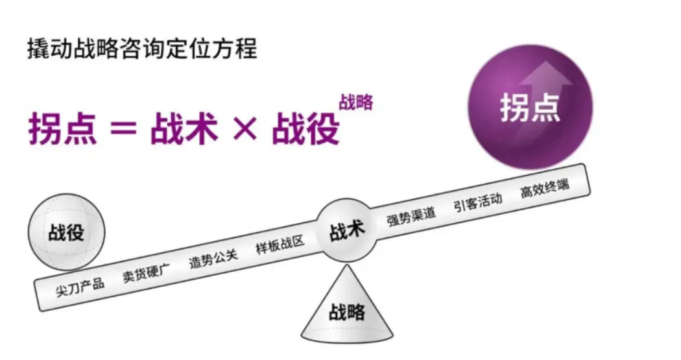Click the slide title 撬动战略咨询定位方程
coord(143,49)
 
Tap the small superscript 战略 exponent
coord(355,102)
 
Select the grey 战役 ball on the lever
coord(66,232)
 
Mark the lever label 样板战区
coord(280,244)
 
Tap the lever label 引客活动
coord(478,202)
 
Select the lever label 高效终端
coord(545,189)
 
